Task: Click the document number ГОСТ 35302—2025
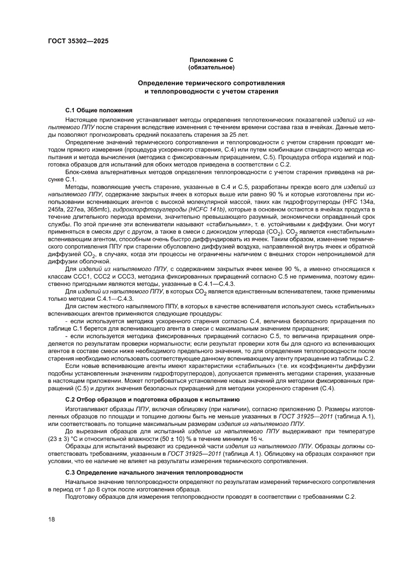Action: click(x=78, y=41)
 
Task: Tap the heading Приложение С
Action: click(x=212, y=60)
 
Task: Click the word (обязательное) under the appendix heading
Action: click(x=212, y=66)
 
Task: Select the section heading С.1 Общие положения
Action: click(x=96, y=111)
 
